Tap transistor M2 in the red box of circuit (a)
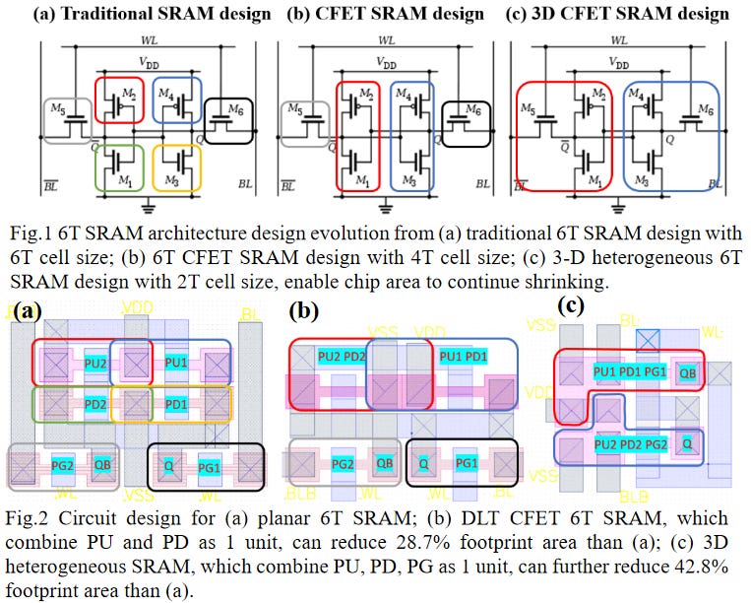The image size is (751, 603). tap(119, 100)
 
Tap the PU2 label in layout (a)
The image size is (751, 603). tap(95, 362)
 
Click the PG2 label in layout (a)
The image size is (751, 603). tap(63, 464)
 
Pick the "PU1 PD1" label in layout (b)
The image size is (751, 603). tap(463, 355)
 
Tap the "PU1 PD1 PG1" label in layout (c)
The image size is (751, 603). tap(629, 371)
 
